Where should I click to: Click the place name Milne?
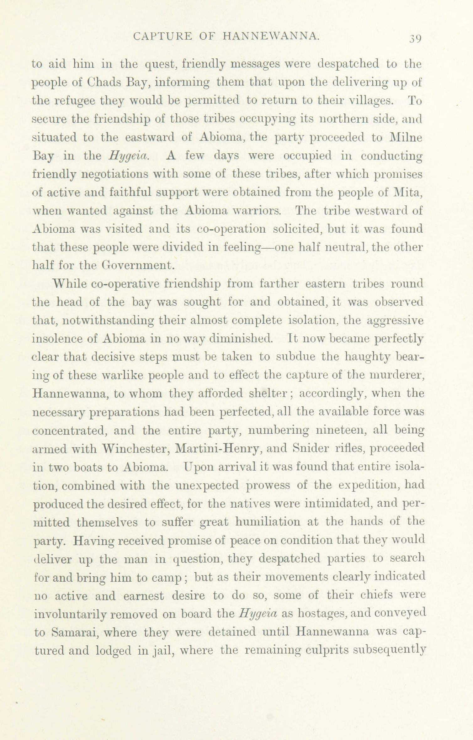point(405,138)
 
